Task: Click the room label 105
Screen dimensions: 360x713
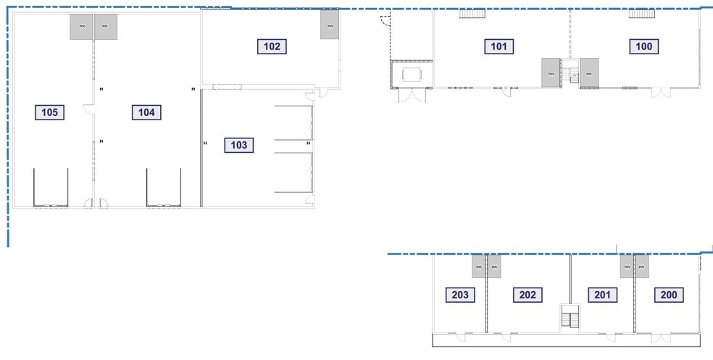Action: click(50, 112)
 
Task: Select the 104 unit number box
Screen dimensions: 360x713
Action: click(146, 112)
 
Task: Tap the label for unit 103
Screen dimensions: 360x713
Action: click(239, 145)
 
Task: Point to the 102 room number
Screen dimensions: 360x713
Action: click(272, 46)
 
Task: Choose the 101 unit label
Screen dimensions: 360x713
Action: click(499, 47)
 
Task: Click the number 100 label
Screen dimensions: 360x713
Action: click(644, 47)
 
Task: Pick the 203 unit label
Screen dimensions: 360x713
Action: click(462, 295)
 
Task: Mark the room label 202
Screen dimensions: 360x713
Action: click(528, 295)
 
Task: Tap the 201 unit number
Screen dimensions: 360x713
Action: click(601, 295)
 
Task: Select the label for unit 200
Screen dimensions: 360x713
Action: click(668, 295)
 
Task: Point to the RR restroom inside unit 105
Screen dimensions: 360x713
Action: click(81, 27)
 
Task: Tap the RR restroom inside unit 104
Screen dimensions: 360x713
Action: click(105, 27)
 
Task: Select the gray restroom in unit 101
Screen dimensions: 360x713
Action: click(551, 73)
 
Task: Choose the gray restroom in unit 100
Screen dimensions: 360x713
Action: click(588, 73)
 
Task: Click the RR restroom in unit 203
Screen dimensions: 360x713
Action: click(478, 267)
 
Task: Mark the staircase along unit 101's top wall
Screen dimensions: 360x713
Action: click(472, 14)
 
